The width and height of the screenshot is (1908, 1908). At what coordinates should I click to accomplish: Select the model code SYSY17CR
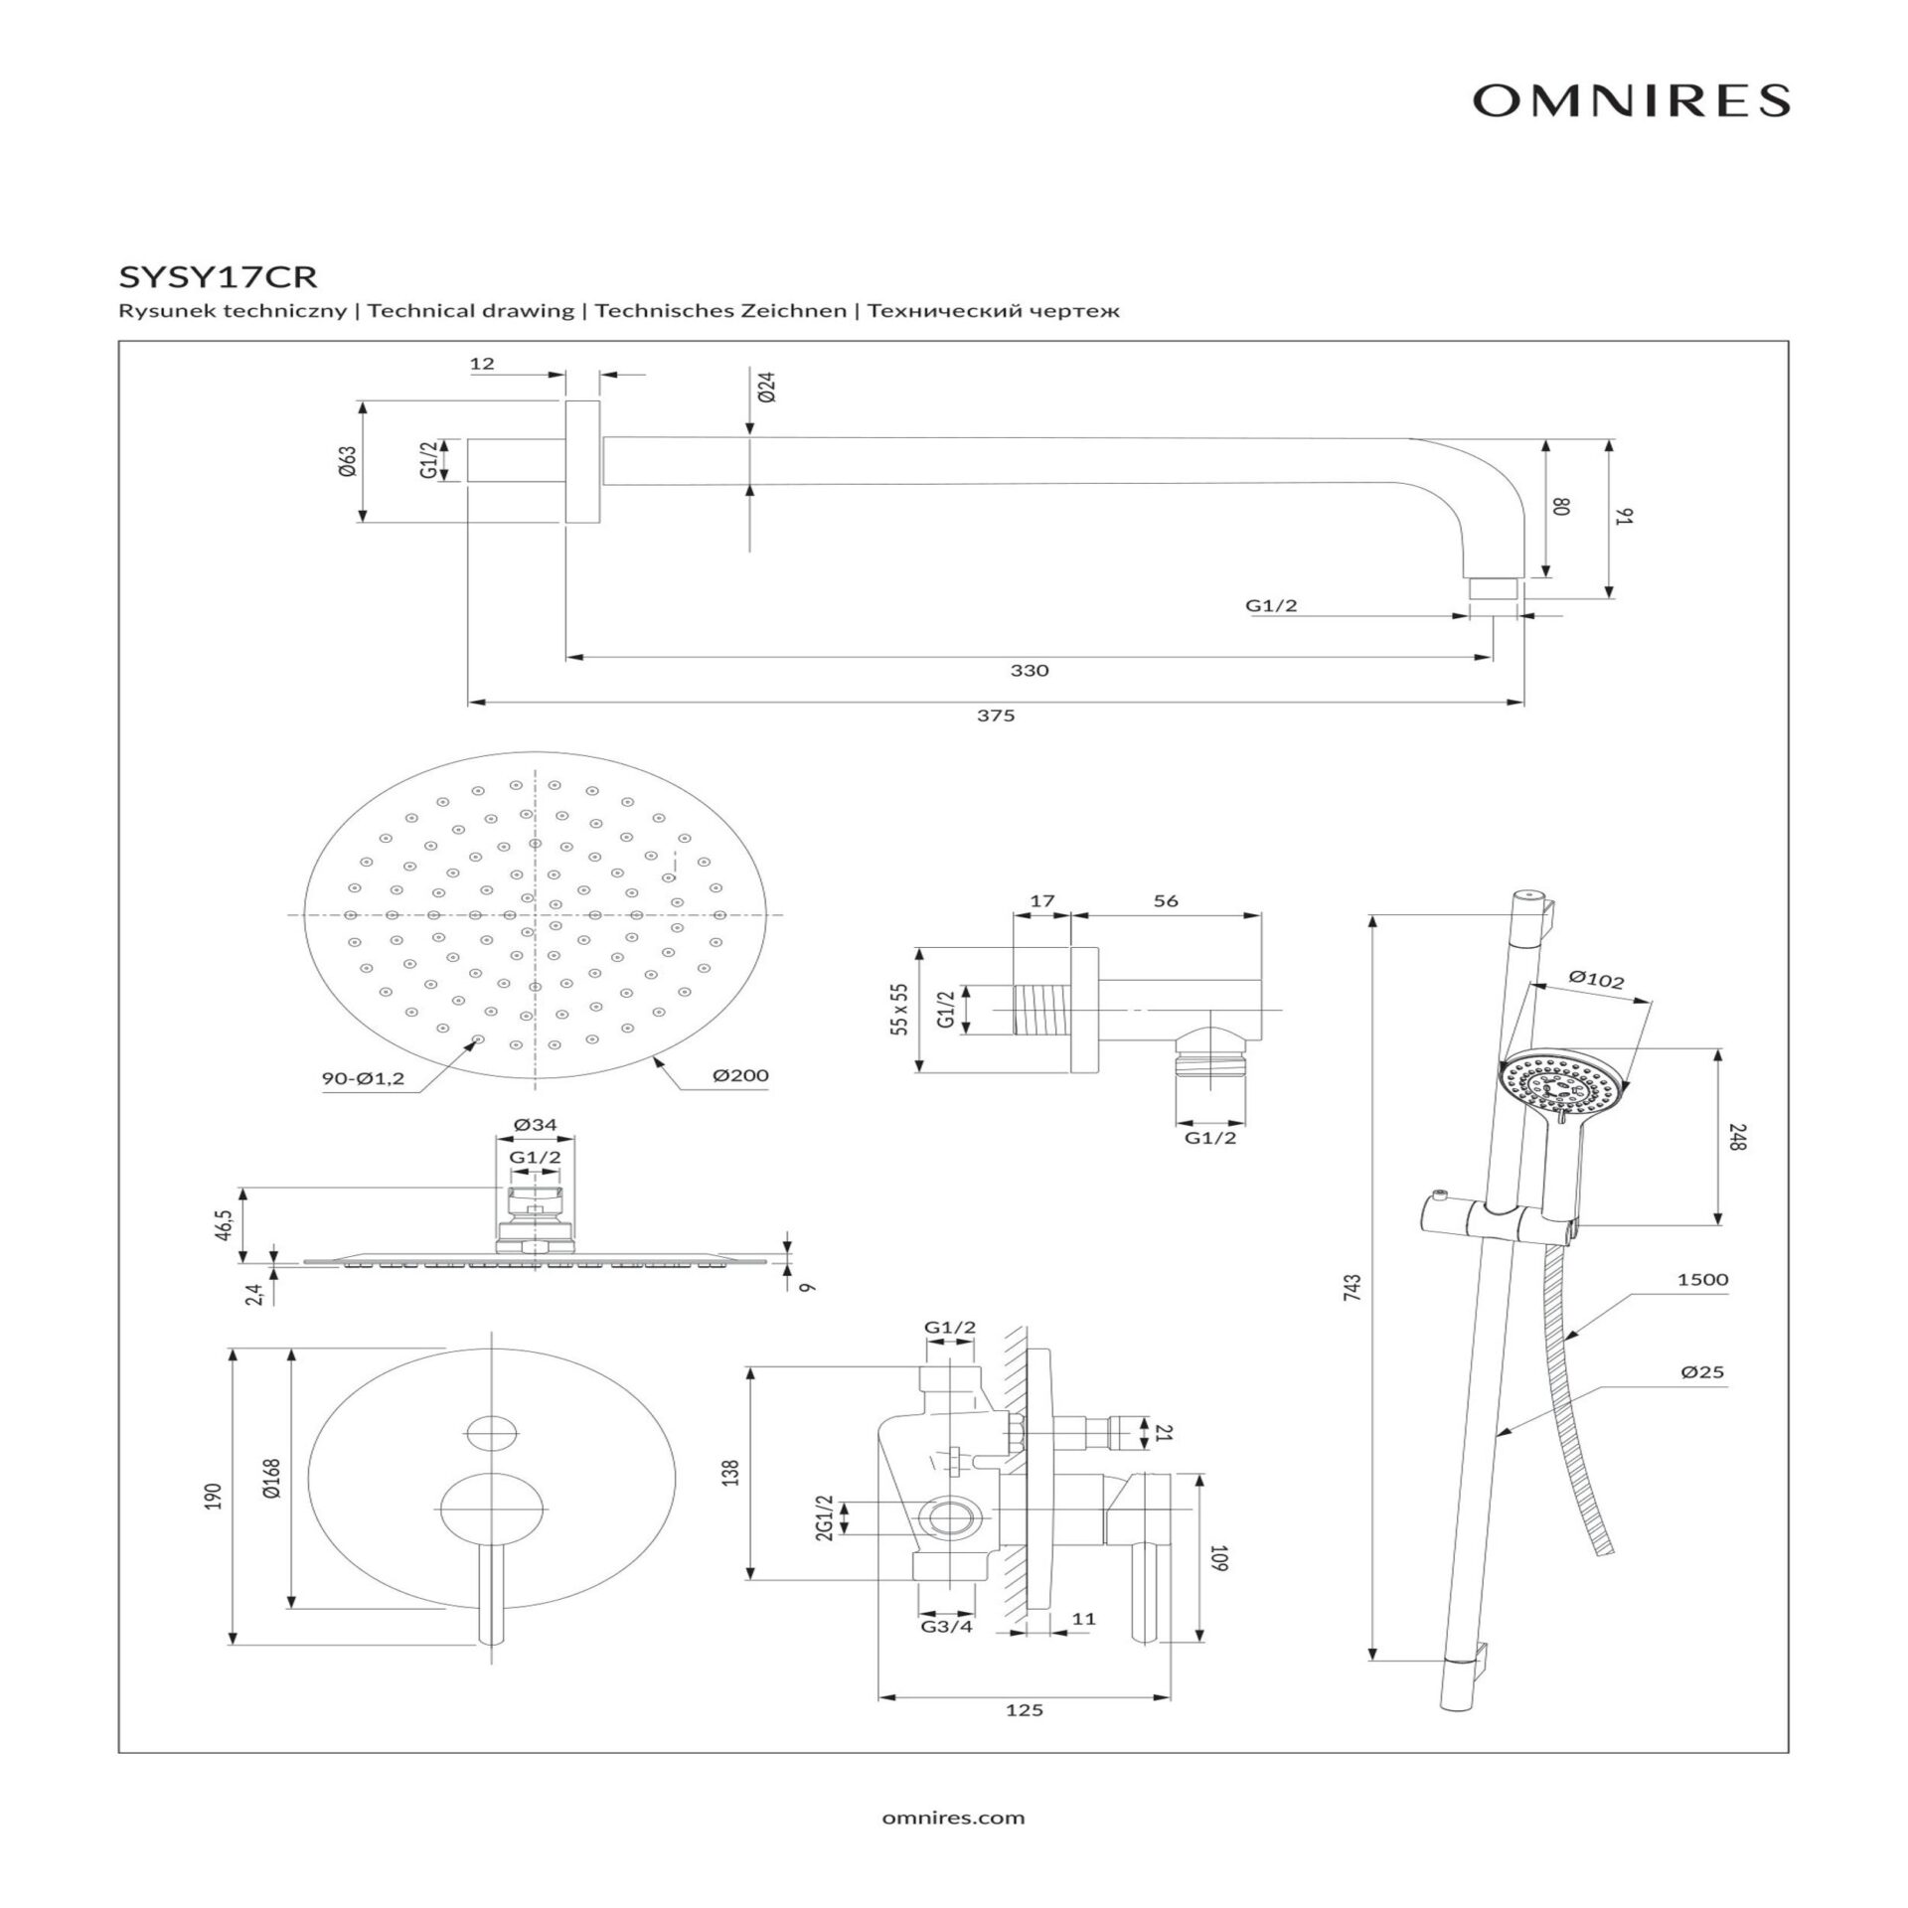pyautogui.click(x=218, y=274)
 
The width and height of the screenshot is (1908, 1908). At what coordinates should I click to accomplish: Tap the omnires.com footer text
pyautogui.click(x=953, y=1818)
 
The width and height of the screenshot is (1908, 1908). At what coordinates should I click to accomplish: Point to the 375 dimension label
pyautogui.click(x=995, y=715)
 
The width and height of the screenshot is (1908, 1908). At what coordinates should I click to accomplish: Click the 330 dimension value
pyautogui.click(x=1030, y=671)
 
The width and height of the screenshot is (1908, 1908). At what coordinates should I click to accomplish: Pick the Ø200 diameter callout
pyautogui.click(x=740, y=1075)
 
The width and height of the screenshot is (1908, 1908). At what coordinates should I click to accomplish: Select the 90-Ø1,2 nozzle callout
pyautogui.click(x=363, y=1079)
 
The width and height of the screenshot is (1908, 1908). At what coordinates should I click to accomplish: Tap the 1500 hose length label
pyautogui.click(x=1702, y=1280)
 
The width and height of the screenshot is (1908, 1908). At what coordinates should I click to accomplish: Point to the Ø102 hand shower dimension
pyautogui.click(x=1596, y=981)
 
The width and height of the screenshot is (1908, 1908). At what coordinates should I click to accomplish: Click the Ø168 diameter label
pyautogui.click(x=272, y=1488)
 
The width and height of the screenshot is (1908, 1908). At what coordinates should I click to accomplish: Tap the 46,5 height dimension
pyautogui.click(x=228, y=1225)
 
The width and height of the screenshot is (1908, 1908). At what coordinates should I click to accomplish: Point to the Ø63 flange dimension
pyautogui.click(x=347, y=461)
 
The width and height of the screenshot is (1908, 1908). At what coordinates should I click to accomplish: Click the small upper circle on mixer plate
pyautogui.click(x=492, y=1431)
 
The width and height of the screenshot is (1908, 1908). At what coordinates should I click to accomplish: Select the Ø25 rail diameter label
pyautogui.click(x=1702, y=1372)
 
